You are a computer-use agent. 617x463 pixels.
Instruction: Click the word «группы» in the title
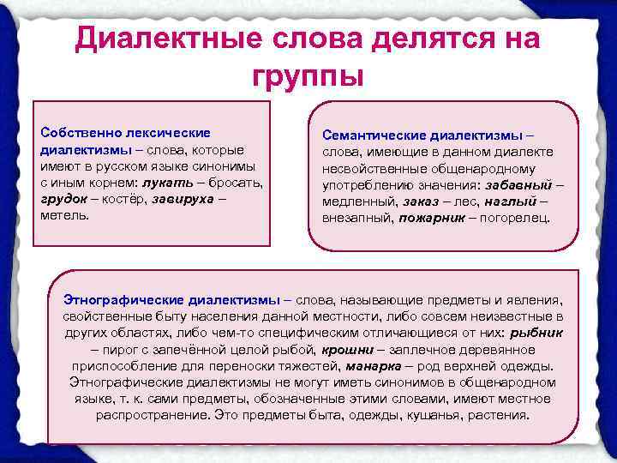308,75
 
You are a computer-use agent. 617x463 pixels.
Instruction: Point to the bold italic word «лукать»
167,183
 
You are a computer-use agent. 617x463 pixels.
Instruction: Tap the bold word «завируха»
179,199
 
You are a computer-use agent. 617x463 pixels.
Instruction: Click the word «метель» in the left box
64,215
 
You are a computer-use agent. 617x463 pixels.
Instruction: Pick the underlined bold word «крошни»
347,350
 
